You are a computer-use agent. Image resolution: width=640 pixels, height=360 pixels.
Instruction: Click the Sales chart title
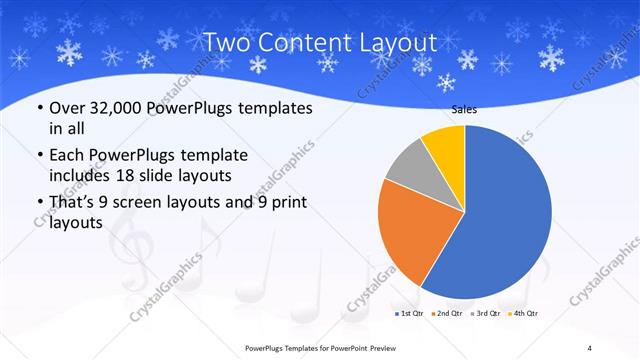point(464,111)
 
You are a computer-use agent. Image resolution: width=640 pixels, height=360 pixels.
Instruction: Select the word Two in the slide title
point(227,43)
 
